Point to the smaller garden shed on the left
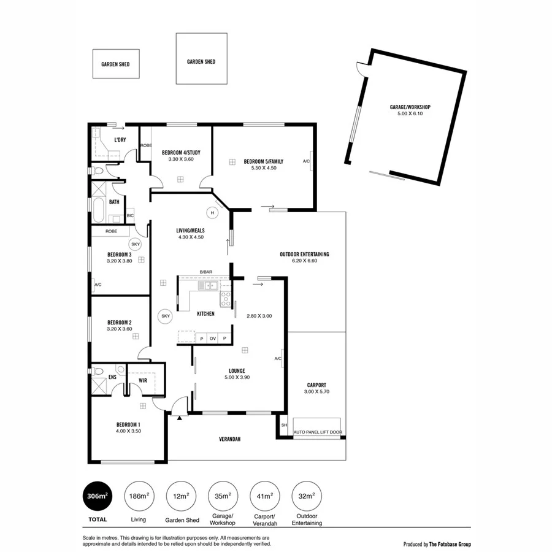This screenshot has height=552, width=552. coord(115,64)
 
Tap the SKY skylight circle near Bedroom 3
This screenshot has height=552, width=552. coord(136,243)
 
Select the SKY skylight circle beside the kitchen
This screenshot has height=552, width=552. coord(165,316)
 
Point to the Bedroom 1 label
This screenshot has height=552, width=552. coord(129,424)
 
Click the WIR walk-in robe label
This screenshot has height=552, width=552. coord(143,380)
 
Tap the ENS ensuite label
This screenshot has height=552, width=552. coord(112,377)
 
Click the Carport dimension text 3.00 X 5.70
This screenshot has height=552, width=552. coord(316,391)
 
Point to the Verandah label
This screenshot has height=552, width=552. coord(230,439)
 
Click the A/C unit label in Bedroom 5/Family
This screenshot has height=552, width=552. coord(306,161)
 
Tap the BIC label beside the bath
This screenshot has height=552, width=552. coord(130,216)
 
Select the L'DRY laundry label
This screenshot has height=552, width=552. coord(120,140)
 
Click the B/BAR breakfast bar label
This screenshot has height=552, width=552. coord(205,272)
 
